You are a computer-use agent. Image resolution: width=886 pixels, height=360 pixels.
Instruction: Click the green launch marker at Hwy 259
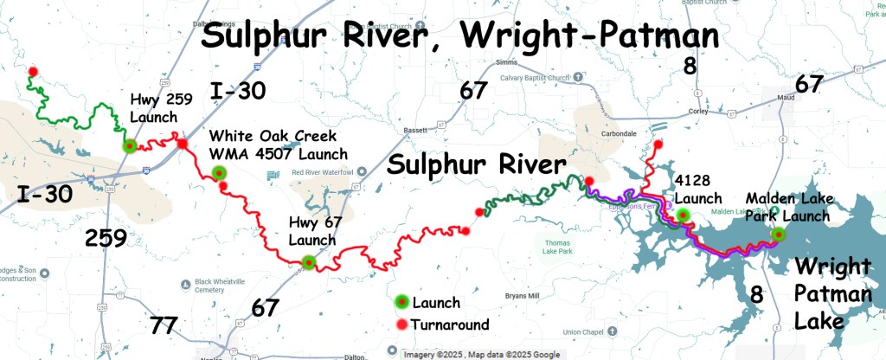[129, 146]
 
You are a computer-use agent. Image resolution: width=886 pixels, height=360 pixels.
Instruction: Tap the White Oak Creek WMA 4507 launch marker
[220, 173]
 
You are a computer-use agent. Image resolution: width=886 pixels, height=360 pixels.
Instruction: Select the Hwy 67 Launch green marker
[309, 264]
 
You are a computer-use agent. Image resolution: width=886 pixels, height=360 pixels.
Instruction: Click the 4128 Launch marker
[683, 215]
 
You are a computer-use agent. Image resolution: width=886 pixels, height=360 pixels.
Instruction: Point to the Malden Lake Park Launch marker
[778, 234]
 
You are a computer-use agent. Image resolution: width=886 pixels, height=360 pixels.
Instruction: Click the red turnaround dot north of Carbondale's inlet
[658, 145]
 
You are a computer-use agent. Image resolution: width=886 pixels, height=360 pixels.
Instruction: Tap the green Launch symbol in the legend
[401, 302]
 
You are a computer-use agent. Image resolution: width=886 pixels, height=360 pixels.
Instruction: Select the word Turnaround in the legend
[452, 325]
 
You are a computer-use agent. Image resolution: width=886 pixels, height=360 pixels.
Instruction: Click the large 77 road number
[164, 326]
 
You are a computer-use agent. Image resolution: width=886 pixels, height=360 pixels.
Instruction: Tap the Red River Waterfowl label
[323, 173]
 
